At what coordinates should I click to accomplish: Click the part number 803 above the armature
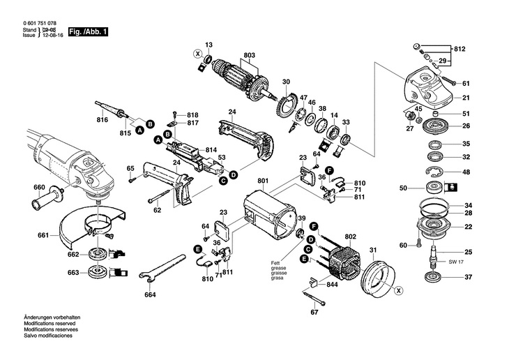pyautogui.click(x=249, y=55)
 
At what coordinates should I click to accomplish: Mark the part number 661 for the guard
pyautogui.click(x=43, y=236)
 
